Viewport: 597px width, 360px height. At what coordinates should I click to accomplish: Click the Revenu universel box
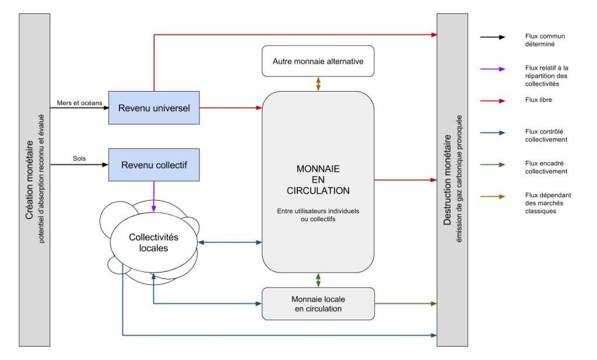[x=154, y=108]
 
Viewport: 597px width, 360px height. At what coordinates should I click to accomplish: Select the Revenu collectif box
[x=154, y=165]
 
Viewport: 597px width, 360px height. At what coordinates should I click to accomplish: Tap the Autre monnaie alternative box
[x=318, y=61]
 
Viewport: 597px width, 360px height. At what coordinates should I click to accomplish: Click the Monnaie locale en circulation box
[x=318, y=303]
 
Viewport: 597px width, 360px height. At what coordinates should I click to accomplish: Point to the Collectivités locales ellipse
[x=154, y=242]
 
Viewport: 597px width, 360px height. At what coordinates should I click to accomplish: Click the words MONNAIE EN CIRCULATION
[x=318, y=180]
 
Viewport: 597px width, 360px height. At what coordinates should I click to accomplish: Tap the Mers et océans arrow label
[x=79, y=103]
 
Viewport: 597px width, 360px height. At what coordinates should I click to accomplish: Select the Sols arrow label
[x=79, y=159]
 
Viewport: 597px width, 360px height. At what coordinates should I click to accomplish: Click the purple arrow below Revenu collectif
[x=154, y=197]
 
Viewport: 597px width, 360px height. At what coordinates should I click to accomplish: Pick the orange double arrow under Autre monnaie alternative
[x=318, y=84]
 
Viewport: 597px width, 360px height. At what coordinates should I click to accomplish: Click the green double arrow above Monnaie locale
[x=318, y=280]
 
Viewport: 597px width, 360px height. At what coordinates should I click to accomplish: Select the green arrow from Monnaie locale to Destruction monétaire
[x=406, y=303]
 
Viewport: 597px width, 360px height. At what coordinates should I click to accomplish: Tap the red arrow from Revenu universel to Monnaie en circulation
[x=231, y=108]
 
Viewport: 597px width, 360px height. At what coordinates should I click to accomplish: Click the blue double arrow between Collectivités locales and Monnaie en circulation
[x=230, y=242]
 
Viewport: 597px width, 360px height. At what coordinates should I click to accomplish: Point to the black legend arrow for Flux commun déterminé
[x=493, y=37]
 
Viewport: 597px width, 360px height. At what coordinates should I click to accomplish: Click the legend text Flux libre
[x=538, y=100]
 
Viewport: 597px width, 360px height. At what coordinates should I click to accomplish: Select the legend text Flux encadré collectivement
[x=546, y=167]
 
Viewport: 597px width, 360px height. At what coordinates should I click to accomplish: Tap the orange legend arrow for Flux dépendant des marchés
[x=493, y=197]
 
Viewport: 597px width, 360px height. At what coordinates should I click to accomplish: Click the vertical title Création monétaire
[x=29, y=180]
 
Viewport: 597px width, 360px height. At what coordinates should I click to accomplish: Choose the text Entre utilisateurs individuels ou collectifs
[x=318, y=215]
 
